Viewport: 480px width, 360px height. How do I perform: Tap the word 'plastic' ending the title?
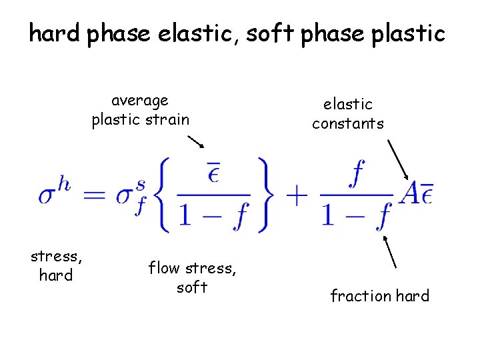click(407, 33)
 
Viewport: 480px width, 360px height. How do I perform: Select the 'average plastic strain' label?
click(141, 110)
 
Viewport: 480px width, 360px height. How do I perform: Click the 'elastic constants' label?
click(347, 113)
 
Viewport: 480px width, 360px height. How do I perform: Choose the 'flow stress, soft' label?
click(191, 277)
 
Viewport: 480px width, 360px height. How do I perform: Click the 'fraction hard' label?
click(379, 296)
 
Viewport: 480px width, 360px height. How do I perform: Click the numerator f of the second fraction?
click(357, 175)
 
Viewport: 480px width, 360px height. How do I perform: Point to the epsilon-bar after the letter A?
click(427, 194)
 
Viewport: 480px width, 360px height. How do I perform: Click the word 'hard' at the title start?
click(55, 33)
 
